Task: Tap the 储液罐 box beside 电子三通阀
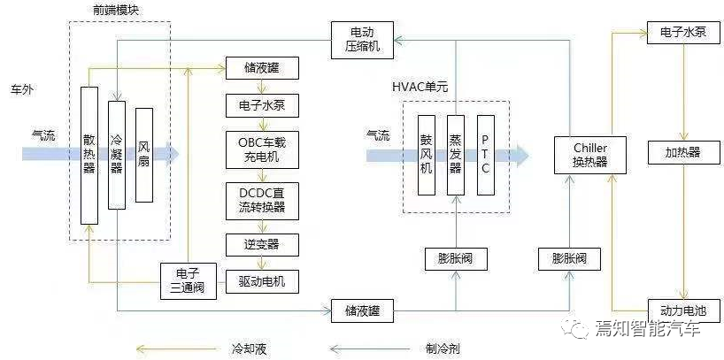362,310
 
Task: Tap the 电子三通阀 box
189,280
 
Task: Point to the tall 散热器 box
89,156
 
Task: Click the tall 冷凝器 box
116,156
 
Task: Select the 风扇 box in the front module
143,156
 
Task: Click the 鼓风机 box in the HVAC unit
427,155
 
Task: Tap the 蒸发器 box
456,155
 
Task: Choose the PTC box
485,155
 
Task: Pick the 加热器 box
682,152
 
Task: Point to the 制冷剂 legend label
443,349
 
